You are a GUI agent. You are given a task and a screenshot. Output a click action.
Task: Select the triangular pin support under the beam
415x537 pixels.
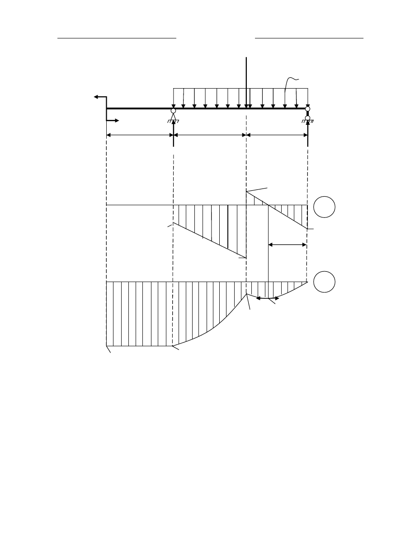point(173,117)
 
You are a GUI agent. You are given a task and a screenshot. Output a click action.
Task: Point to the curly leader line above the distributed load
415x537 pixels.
point(292,81)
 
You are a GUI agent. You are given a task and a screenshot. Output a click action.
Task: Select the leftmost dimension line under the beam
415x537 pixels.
point(140,135)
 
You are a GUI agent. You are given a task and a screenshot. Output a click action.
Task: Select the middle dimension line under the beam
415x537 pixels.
point(210,135)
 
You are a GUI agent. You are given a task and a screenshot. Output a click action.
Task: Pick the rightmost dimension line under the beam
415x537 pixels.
point(277,135)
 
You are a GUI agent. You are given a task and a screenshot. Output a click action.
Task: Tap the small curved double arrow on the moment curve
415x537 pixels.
point(267,298)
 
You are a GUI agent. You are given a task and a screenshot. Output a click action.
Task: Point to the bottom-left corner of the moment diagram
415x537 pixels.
point(106,346)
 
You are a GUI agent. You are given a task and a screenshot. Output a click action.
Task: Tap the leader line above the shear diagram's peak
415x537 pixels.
point(257,189)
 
